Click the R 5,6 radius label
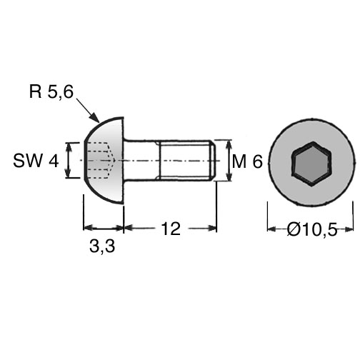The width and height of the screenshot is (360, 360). [51, 91]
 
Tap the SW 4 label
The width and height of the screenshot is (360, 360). [36, 161]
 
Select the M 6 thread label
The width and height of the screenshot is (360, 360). [247, 161]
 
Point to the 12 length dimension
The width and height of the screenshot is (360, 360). [171, 229]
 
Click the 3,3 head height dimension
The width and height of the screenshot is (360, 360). [102, 246]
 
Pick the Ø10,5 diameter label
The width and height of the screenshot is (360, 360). [312, 229]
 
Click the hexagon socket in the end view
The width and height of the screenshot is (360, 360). [311, 164]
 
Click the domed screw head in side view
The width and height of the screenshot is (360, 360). [104, 161]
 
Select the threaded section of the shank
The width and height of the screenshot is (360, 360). [186, 160]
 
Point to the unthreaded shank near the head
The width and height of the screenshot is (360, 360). [141, 160]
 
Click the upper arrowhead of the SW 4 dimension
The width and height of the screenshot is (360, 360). [69, 148]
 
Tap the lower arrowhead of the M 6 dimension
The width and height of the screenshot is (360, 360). [229, 176]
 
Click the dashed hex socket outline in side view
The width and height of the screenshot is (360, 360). [100, 160]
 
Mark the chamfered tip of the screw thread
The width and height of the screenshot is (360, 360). [212, 160]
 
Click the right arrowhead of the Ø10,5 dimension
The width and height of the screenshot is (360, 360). [349, 229]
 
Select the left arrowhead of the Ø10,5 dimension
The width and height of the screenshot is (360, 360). [272, 229]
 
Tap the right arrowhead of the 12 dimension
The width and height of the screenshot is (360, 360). [211, 229]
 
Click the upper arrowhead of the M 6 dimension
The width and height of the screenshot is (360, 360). [229, 145]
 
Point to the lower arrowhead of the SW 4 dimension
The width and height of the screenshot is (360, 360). [69, 173]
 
